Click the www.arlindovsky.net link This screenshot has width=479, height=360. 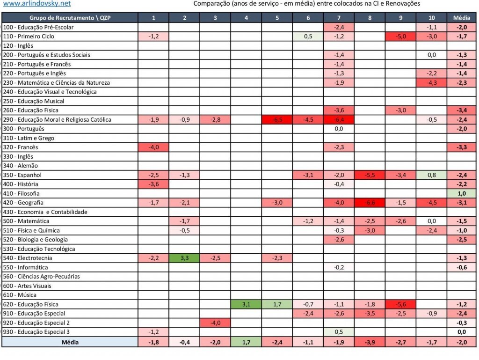(36, 4)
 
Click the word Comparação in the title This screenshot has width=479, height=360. (210, 4)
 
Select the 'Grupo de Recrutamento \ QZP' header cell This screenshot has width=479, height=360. (70, 18)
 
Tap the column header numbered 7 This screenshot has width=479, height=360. (339, 18)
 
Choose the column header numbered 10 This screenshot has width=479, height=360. (431, 18)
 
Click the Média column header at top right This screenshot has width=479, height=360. (461, 18)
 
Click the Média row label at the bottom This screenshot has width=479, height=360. (70, 342)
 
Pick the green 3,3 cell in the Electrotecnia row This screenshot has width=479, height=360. (184, 258)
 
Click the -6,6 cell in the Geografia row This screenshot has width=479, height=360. (370, 203)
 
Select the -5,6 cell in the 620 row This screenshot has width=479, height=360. (400, 304)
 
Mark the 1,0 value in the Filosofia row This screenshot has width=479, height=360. (461, 193)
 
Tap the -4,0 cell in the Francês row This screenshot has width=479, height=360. (153, 147)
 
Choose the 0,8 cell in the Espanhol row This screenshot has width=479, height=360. (431, 175)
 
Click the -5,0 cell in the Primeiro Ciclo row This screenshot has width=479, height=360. (400, 36)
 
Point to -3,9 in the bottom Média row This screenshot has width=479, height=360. (370, 342)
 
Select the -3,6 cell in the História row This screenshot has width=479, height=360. (153, 184)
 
